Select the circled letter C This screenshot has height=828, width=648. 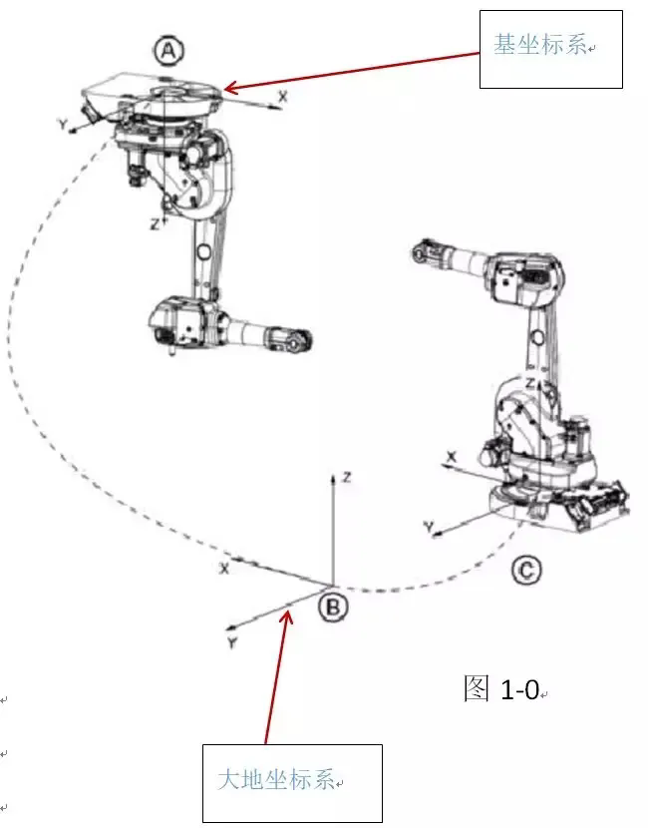coord(527,571)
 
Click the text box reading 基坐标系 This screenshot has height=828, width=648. coord(551,47)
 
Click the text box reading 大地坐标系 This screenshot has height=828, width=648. coord(292,782)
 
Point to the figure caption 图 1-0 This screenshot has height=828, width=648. coord(502,688)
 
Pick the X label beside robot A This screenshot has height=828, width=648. coord(283,96)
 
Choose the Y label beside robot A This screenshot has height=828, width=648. coord(62,126)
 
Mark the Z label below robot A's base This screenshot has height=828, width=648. coord(155,224)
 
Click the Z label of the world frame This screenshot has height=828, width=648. coord(345,478)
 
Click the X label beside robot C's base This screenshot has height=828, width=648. coord(452,456)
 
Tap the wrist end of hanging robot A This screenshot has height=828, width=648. coord(293,342)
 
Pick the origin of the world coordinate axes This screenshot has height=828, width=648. coord(333,584)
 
